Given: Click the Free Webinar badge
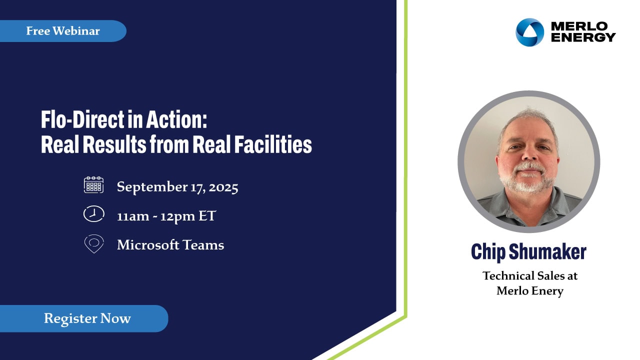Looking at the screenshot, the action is pos(63,31).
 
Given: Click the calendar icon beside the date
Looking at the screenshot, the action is pos(93,185).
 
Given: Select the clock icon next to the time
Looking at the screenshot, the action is pos(93,213).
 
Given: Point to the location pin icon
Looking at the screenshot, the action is pos(94,243).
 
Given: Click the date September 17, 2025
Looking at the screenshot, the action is pos(177,187).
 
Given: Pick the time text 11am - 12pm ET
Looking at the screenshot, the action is pos(166,216).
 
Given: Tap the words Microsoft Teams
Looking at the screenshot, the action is pos(170,245).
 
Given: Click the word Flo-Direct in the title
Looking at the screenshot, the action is pos(82,119).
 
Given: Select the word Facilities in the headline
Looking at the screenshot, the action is pos(273,144).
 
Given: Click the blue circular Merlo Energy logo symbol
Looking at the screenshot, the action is pos(529,32).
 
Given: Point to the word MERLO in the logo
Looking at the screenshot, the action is pos(579,26).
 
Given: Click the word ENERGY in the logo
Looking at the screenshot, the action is pos(583,37).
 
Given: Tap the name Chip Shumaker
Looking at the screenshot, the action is pos(528,251).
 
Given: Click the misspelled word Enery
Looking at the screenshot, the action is pos(547,291).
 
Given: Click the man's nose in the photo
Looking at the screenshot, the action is pos(529,154).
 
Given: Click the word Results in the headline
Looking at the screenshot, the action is pos(115,144).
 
